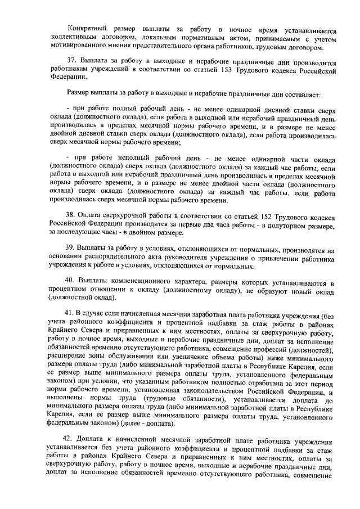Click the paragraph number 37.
72,61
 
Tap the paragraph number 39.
71,249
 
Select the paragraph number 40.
72,281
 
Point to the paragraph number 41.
71,313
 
